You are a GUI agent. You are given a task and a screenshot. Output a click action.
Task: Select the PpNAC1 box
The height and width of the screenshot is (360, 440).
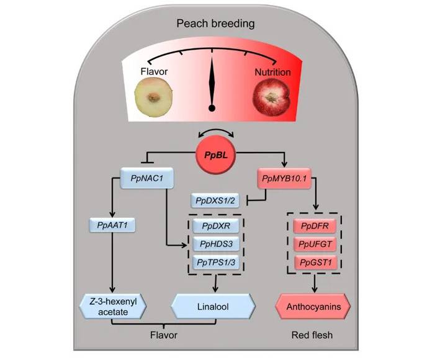(146, 180)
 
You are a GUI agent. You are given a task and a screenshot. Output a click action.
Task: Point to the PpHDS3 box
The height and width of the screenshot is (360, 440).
(216, 245)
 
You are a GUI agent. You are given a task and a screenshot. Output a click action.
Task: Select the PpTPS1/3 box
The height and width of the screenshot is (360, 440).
(216, 263)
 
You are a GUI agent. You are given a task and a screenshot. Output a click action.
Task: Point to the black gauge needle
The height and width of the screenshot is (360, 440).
(212, 84)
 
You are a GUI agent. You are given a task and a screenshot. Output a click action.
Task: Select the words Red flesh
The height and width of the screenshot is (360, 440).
(312, 335)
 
